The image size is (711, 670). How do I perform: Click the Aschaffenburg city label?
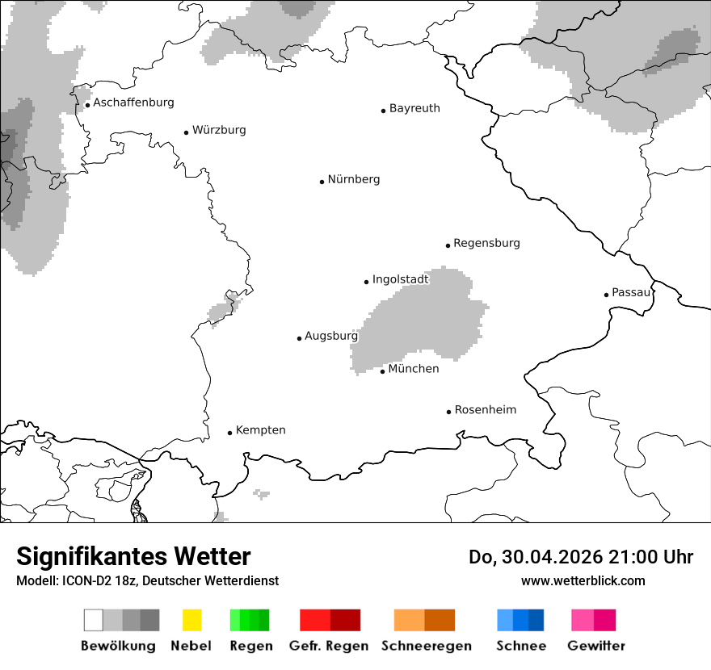(133, 103)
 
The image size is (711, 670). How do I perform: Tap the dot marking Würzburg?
(187, 132)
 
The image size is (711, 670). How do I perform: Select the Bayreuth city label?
(414, 108)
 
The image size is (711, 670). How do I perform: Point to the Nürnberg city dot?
(322, 182)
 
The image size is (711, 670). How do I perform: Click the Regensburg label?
(486, 243)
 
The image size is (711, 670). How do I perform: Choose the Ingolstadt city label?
(400, 280)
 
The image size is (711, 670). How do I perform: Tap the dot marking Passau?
(606, 295)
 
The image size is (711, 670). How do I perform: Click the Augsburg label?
(330, 336)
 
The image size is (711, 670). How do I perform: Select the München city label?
(414, 369)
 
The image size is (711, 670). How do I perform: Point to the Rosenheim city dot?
(448, 412)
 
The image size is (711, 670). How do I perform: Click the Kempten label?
(260, 430)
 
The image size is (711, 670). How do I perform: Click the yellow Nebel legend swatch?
(191, 620)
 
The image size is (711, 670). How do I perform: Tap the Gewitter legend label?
(595, 646)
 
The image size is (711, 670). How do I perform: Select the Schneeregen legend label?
(425, 646)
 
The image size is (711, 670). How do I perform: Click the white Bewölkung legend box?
(94, 620)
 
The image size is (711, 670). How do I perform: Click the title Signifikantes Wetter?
(133, 556)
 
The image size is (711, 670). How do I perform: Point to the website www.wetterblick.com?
(583, 580)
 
